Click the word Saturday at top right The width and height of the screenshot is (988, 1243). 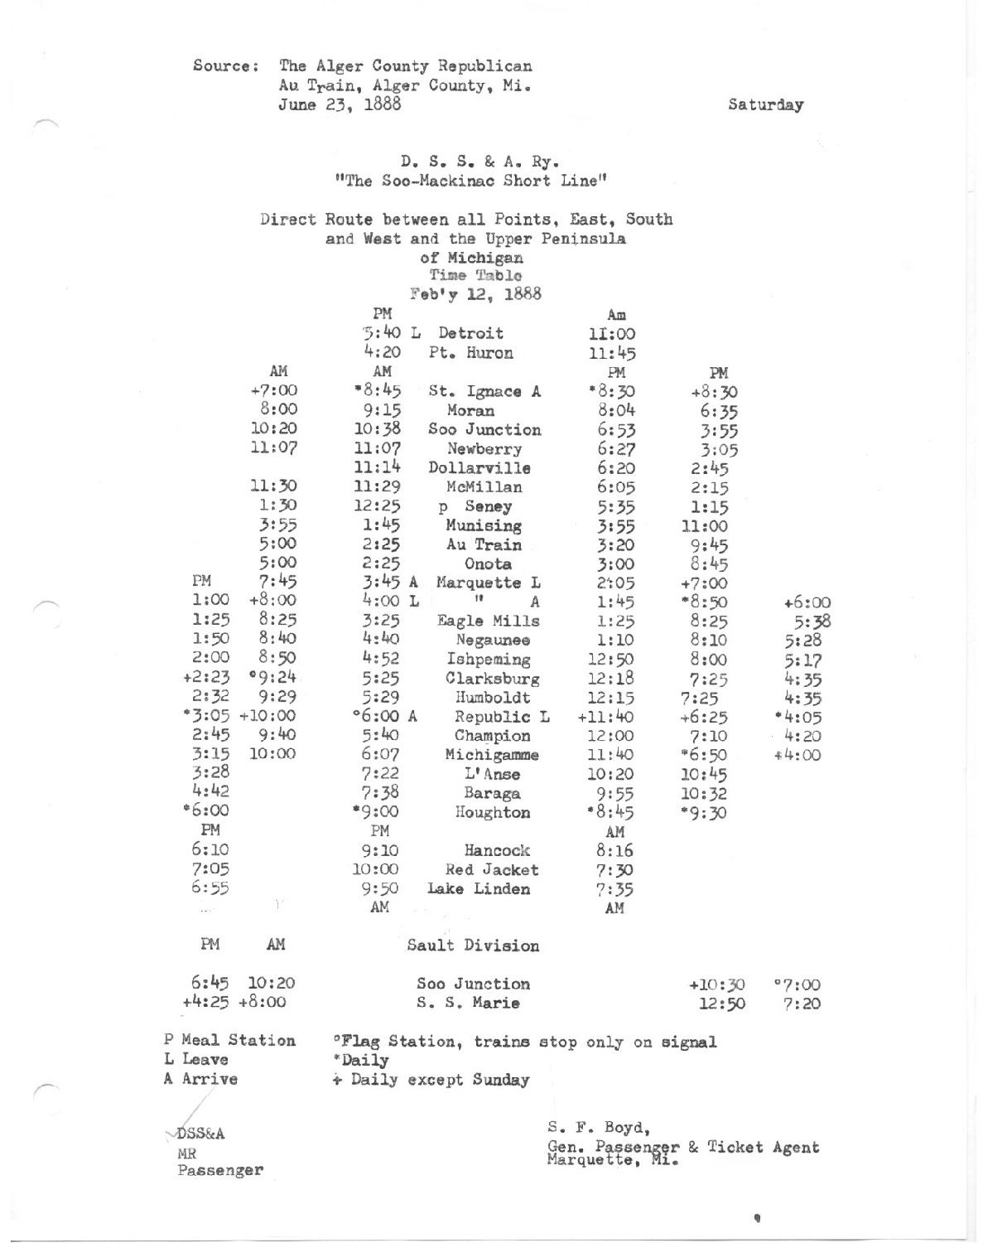(765, 105)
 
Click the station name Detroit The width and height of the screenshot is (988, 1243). (470, 333)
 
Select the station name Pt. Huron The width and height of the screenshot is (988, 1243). (470, 353)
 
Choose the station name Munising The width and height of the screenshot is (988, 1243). (484, 525)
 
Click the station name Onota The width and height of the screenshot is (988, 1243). (487, 563)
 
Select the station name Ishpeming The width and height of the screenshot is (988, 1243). (489, 660)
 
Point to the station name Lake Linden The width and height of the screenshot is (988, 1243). (479, 889)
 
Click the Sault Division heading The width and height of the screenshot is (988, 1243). (473, 946)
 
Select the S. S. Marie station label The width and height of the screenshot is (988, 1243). (468, 1004)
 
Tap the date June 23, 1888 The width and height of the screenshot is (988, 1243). (340, 104)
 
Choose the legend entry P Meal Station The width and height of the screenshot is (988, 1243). (229, 1041)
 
